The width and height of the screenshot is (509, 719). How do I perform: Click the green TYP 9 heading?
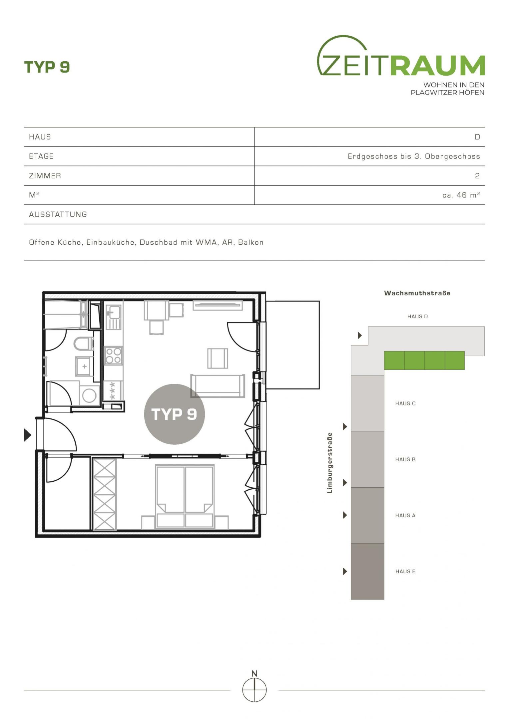(47, 67)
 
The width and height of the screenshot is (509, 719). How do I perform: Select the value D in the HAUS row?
(477, 137)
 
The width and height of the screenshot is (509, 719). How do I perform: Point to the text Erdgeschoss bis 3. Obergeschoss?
(414, 156)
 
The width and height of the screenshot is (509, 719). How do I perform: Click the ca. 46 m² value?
(461, 195)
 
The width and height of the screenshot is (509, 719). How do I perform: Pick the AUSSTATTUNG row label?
(58, 214)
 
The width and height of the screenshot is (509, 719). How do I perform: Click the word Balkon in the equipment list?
(251, 242)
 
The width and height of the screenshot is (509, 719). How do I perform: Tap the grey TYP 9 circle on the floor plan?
(174, 414)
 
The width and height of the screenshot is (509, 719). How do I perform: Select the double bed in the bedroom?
(185, 497)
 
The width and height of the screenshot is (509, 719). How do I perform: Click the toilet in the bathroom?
(84, 344)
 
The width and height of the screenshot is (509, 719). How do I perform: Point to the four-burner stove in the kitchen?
(113, 356)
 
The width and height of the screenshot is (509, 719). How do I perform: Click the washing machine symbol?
(89, 395)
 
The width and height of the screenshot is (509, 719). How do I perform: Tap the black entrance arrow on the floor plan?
(28, 435)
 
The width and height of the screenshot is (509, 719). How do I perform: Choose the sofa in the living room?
(218, 386)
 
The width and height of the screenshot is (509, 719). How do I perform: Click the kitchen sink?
(113, 317)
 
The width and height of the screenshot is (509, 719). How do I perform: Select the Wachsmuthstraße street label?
(417, 293)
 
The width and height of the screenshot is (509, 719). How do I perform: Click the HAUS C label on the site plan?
(405, 403)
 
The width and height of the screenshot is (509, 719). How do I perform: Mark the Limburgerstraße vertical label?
(330, 463)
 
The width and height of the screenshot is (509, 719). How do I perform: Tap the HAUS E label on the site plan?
(405, 572)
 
